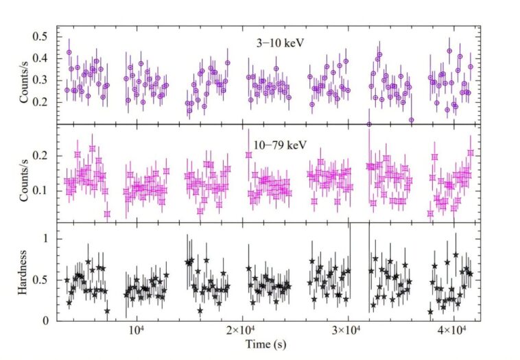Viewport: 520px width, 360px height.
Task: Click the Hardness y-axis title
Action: pos(26,272)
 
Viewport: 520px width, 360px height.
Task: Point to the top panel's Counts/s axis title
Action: pos(26,81)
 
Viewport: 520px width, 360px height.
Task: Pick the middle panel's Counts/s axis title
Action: pos(26,175)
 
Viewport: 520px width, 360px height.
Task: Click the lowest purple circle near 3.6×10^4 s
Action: pos(411,120)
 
